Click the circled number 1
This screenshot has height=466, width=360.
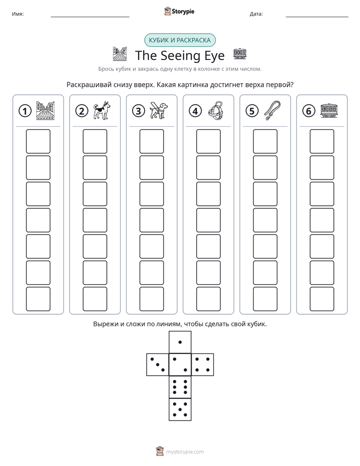[25, 111]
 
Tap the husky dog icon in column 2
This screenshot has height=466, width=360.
[102, 110]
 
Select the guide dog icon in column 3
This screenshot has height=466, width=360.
[158, 110]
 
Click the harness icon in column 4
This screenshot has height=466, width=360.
[215, 110]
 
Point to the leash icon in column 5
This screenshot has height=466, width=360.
[272, 110]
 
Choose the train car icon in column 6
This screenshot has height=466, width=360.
[329, 110]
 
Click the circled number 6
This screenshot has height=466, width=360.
[309, 111]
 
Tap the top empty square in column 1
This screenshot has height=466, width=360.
[38, 141]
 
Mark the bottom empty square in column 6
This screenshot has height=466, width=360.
[322, 299]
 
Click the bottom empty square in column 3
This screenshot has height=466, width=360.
[151, 299]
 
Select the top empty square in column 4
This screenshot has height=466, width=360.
[208, 141]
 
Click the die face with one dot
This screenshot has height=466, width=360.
[180, 342]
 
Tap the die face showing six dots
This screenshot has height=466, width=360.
[180, 387]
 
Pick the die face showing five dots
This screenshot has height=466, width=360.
[180, 409]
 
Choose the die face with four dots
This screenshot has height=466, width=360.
[203, 364]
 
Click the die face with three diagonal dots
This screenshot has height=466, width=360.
[158, 364]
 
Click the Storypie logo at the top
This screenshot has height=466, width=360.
[179, 12]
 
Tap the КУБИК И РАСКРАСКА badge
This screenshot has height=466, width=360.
[179, 40]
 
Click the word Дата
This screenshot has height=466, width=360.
[256, 14]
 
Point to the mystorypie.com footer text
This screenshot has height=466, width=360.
[185, 452]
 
